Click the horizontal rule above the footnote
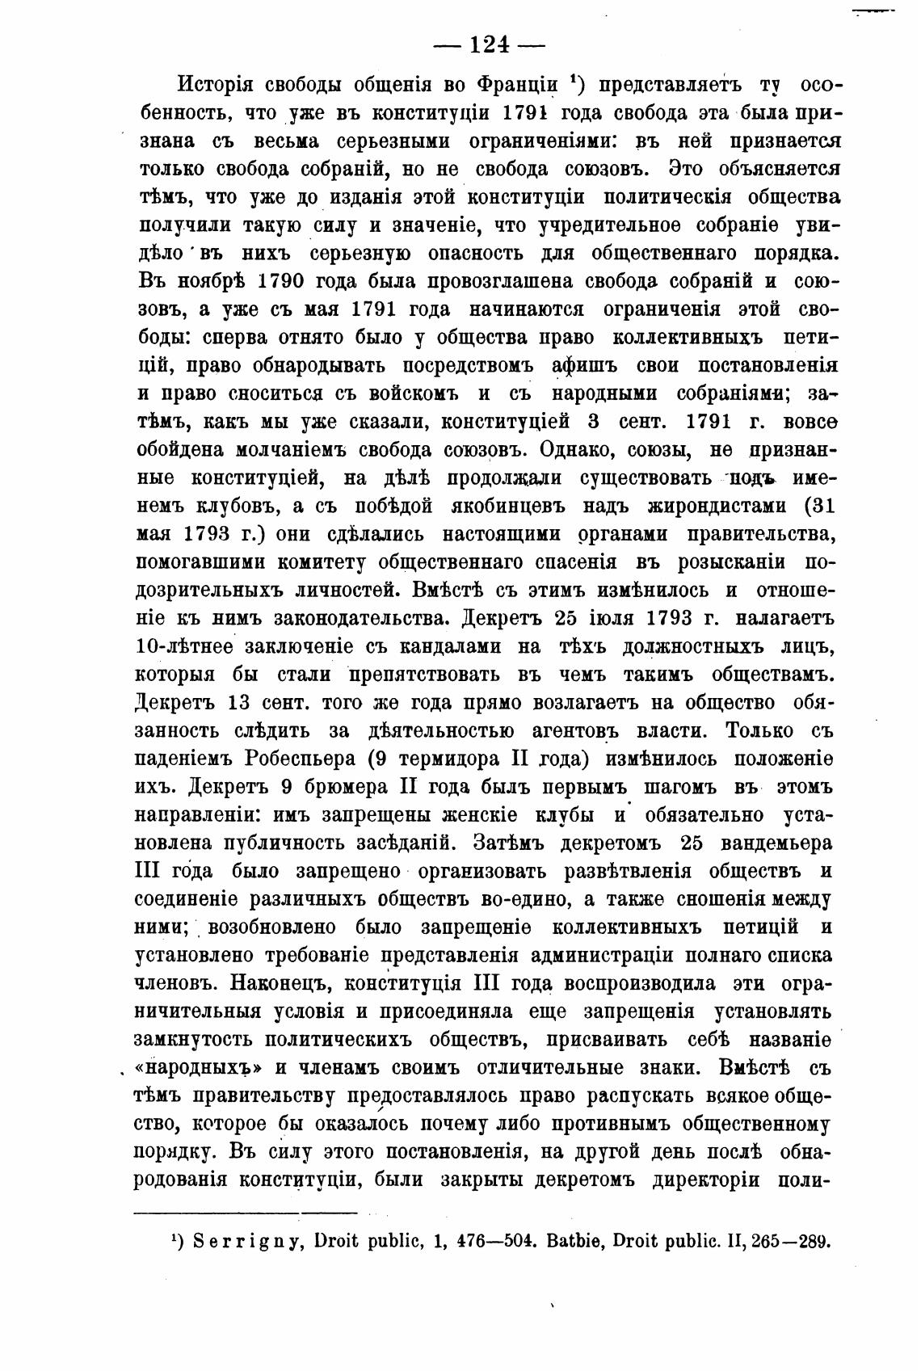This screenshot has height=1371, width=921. click(x=245, y=1212)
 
